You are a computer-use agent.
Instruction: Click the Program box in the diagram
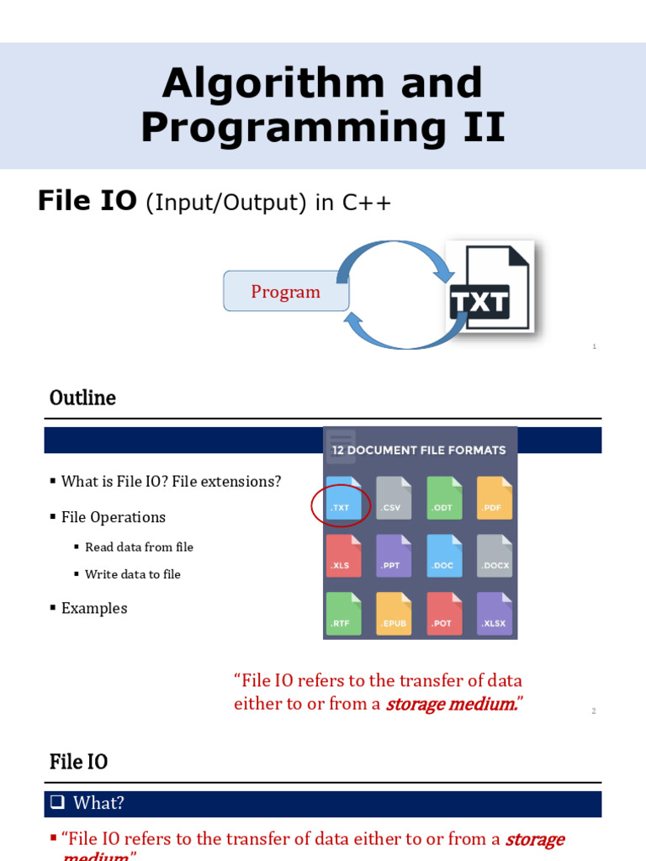point(286,292)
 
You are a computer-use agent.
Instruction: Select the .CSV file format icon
point(394,498)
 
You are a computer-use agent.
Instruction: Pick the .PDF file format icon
point(495,498)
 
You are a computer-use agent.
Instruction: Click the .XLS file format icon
point(343,556)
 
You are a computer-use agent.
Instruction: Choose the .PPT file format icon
point(394,556)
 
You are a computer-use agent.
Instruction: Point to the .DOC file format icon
point(444,556)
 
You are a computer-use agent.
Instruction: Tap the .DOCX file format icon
point(495,556)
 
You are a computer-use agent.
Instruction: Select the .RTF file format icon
point(343,614)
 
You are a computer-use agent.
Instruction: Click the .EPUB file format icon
point(394,614)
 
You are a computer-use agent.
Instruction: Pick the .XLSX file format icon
point(495,614)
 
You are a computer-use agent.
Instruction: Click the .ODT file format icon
point(444,498)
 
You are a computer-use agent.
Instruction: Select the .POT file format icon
point(444,614)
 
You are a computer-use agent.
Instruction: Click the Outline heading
point(82,398)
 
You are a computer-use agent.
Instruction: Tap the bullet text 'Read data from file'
point(139,547)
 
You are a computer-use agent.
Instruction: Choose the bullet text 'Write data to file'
point(133,574)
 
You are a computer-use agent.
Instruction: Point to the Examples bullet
point(94,608)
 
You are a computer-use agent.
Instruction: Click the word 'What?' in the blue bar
point(98,803)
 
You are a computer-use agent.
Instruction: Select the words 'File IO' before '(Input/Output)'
point(87,201)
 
